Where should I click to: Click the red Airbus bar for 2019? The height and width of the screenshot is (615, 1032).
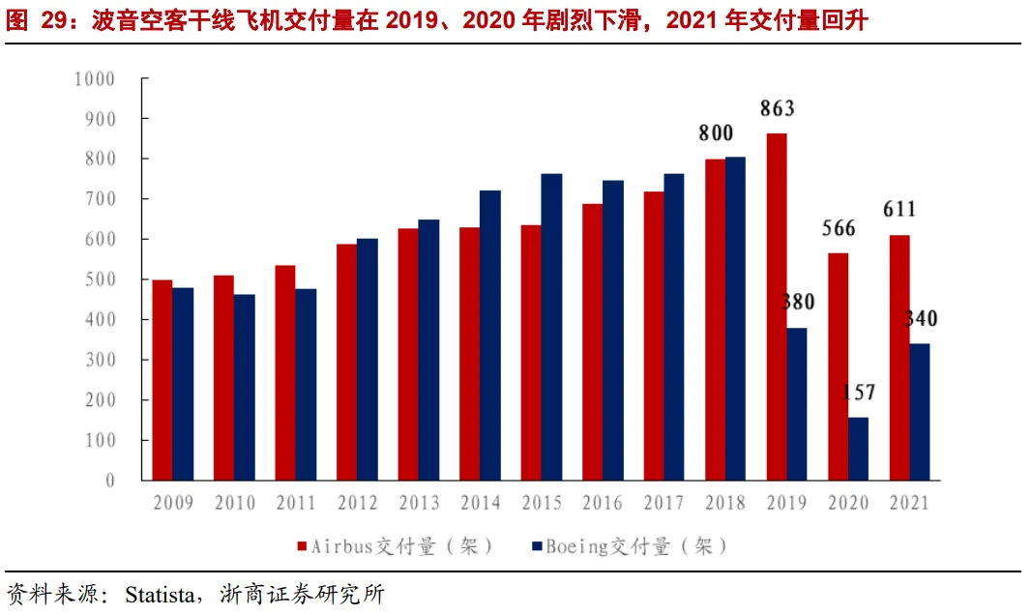pyautogui.click(x=777, y=307)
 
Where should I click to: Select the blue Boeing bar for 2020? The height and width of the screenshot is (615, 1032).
pyautogui.click(x=858, y=449)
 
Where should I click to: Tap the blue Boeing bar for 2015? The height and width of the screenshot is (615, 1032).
pyautogui.click(x=551, y=327)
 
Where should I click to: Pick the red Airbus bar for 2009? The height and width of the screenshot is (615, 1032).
pyautogui.click(x=162, y=380)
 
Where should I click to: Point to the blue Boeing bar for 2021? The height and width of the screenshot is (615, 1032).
pyautogui.click(x=920, y=412)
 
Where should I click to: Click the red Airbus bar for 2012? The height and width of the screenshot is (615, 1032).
pyautogui.click(x=347, y=363)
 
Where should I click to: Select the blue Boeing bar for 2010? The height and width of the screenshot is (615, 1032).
pyautogui.click(x=244, y=388)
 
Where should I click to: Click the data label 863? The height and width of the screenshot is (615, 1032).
pyautogui.click(x=778, y=108)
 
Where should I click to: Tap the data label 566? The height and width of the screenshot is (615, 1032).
pyautogui.click(x=839, y=228)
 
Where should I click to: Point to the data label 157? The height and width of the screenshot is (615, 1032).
pyautogui.click(x=859, y=393)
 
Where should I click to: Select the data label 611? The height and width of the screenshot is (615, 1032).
pyautogui.click(x=899, y=209)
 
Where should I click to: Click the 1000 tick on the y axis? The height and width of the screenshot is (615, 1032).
pyautogui.click(x=95, y=79)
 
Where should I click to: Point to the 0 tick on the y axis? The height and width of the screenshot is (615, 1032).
pyautogui.click(x=110, y=481)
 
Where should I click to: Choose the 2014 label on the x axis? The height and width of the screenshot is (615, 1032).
pyautogui.click(x=481, y=503)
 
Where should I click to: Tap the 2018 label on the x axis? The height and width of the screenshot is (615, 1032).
pyautogui.click(x=725, y=503)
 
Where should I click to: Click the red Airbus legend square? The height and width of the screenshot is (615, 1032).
pyautogui.click(x=302, y=546)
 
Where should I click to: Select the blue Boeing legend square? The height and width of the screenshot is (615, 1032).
pyautogui.click(x=537, y=546)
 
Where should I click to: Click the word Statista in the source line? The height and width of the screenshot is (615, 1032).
pyautogui.click(x=160, y=595)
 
